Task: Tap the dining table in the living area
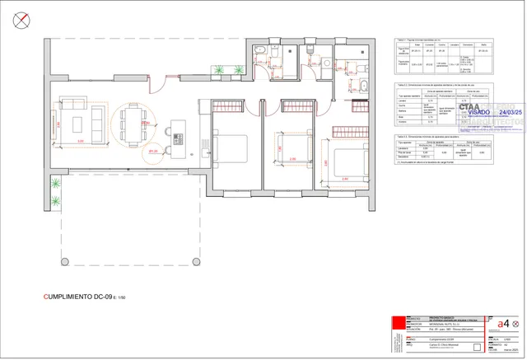click(x=131, y=124)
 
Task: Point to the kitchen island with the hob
click(x=174, y=133)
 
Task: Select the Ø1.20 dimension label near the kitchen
click(x=153, y=152)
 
